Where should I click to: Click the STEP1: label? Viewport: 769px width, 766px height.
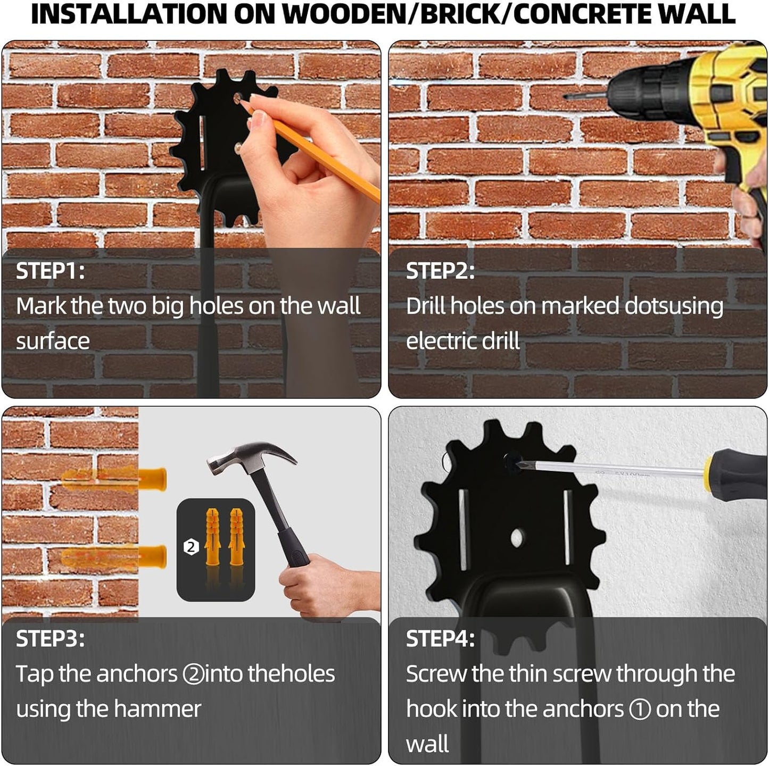pos(50,271)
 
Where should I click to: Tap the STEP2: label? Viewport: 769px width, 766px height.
pos(440,271)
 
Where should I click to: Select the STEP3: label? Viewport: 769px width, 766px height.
pos(50,639)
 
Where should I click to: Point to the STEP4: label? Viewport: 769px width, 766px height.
pos(440,639)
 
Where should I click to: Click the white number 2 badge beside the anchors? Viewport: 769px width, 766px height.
pos(191,547)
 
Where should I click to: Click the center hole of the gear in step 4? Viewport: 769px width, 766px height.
pos(517,538)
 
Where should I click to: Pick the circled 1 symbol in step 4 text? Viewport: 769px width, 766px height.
pos(640,710)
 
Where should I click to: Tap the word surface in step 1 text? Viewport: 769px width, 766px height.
pos(53,341)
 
